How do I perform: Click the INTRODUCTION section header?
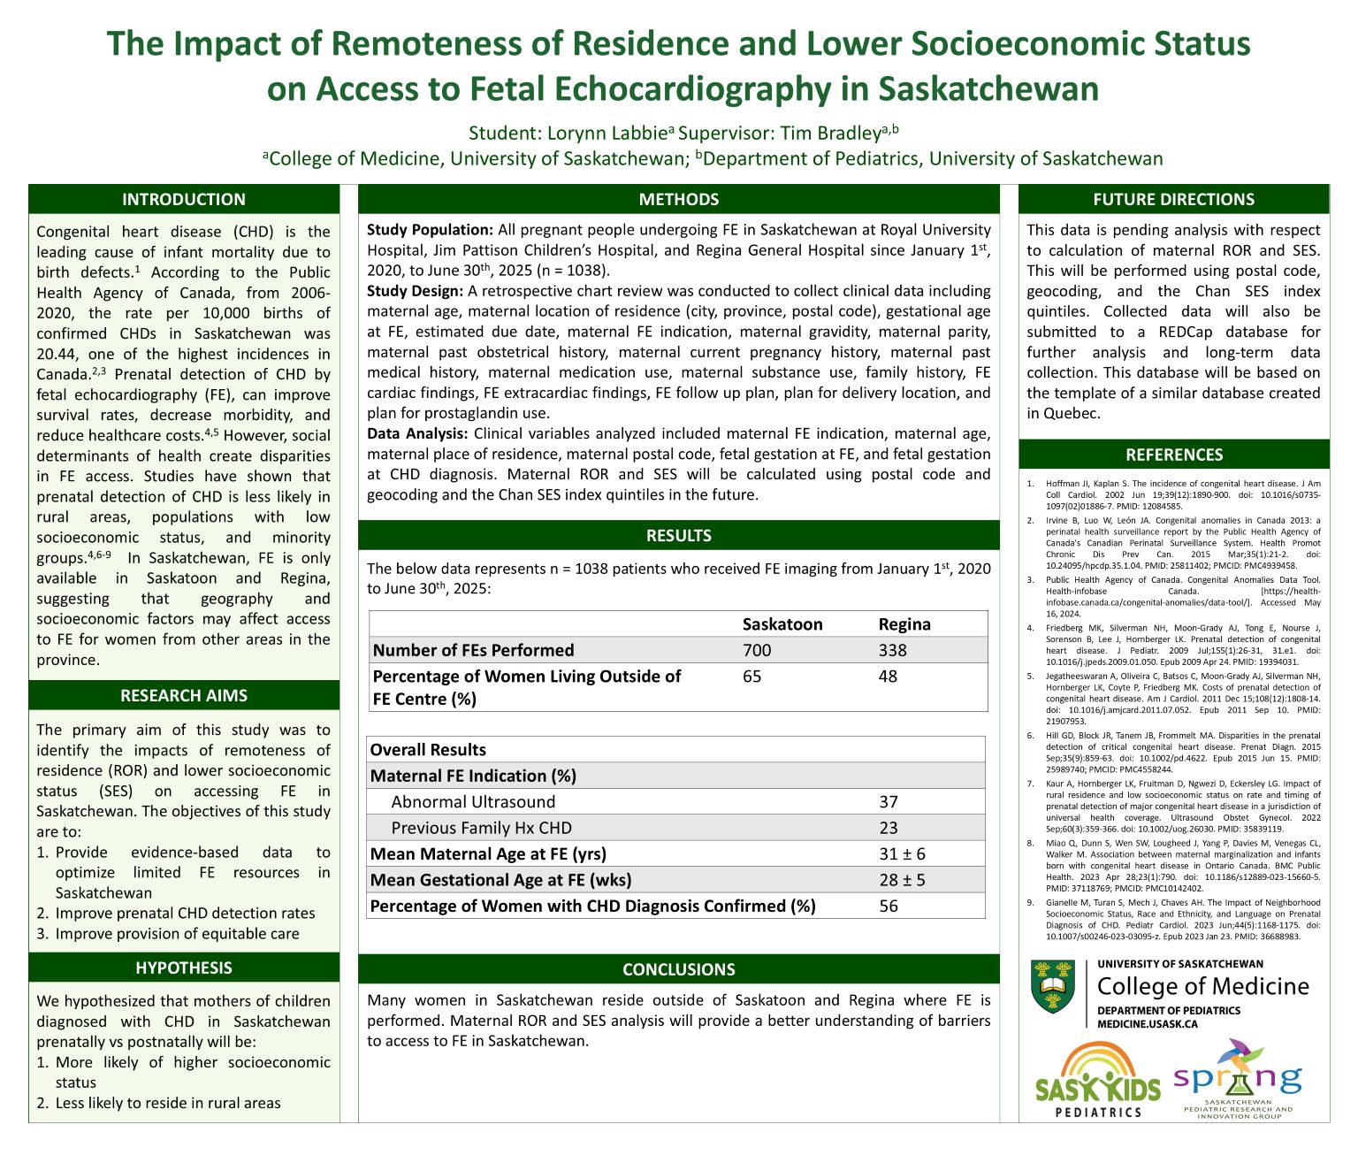coord(184,199)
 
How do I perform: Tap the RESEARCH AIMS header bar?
coord(184,695)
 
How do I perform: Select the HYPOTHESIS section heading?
coord(184,968)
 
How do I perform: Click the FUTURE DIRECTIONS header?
coord(1173,199)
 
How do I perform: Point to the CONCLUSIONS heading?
coord(678,969)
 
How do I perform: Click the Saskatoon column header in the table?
coord(782,624)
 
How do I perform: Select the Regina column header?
coord(904,624)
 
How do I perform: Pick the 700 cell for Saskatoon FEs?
coord(757,650)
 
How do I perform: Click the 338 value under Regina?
coord(892,650)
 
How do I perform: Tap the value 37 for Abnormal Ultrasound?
coord(889,802)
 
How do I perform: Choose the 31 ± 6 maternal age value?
coord(902,854)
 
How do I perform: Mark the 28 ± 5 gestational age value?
coord(902,880)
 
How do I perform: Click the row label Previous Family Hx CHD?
coord(481,828)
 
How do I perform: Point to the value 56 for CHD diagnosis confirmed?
coord(889,906)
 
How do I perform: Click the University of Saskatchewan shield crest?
coord(1053,988)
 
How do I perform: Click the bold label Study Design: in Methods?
coord(415,291)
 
